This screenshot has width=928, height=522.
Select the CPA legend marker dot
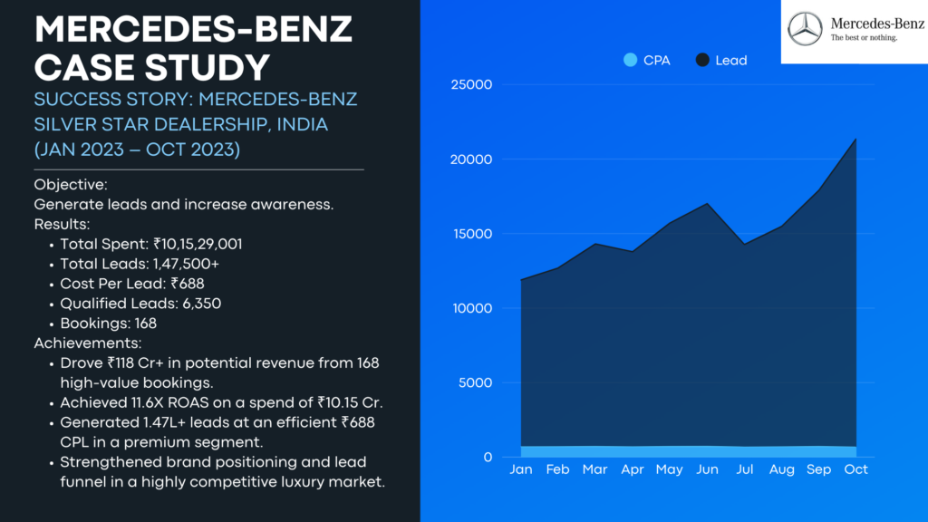[x=631, y=60]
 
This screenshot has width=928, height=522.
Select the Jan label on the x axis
[x=521, y=469]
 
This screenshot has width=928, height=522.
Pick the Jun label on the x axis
[x=707, y=469]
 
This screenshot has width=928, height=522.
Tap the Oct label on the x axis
[x=855, y=469]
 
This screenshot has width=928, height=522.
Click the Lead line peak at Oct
[x=855, y=139]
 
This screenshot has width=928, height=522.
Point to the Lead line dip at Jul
[x=744, y=244]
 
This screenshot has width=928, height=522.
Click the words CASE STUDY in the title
[x=151, y=67]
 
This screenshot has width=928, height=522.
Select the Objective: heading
[x=71, y=185]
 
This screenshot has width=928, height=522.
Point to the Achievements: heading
[x=87, y=343]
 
